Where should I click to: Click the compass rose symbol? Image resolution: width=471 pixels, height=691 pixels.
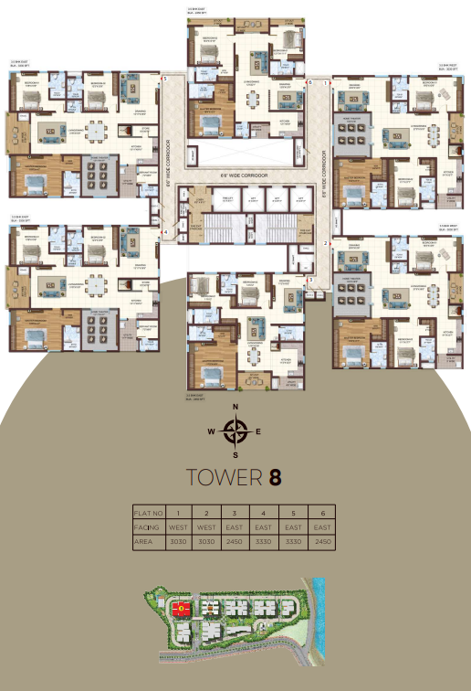(x=235, y=430)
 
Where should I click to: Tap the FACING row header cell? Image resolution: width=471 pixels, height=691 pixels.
(x=149, y=526)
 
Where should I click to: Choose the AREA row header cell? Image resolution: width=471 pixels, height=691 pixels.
(x=149, y=543)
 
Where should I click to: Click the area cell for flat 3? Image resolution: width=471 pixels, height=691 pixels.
(x=235, y=543)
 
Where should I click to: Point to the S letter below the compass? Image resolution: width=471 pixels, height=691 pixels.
(x=235, y=454)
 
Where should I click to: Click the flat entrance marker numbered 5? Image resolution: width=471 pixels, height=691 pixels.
(x=165, y=80)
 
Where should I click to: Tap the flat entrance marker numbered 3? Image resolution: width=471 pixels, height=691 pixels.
(x=310, y=280)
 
